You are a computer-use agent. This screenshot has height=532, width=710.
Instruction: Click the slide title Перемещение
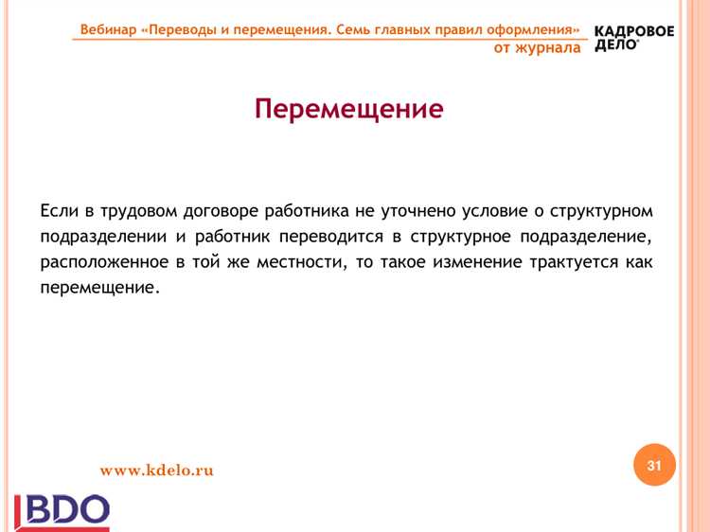pyautogui.click(x=348, y=109)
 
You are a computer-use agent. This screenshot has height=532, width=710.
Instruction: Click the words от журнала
pyautogui.click(x=537, y=47)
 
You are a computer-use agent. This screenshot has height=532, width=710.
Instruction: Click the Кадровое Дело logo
pyautogui.click(x=633, y=37)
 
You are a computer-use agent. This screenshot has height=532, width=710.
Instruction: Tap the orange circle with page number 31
pyautogui.click(x=654, y=465)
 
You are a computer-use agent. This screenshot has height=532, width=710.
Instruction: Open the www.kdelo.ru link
pyautogui.click(x=157, y=470)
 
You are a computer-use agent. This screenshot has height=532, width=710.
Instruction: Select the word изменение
pyautogui.click(x=477, y=261)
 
